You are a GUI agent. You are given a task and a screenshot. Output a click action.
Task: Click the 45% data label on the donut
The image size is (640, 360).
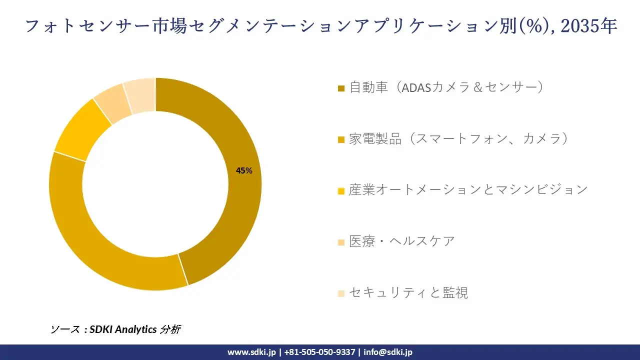[244, 171]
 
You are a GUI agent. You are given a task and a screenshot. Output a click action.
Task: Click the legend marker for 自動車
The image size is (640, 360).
[341, 88]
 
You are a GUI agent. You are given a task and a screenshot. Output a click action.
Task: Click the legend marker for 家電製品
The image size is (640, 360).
[341, 139]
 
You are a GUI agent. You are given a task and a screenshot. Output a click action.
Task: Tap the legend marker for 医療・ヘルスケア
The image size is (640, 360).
[341, 242]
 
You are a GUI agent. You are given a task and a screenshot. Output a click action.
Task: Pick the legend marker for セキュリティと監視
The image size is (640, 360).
[341, 293]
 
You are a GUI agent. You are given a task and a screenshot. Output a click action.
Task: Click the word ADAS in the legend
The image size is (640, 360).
[416, 87]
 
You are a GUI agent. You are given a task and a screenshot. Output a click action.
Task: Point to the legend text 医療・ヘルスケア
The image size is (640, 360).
[402, 241]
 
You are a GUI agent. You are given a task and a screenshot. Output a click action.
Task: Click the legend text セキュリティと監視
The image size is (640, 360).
[408, 292]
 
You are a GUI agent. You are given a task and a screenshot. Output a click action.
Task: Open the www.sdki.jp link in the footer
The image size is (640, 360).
[251, 352]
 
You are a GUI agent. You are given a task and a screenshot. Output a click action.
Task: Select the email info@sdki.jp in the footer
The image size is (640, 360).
[388, 352]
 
